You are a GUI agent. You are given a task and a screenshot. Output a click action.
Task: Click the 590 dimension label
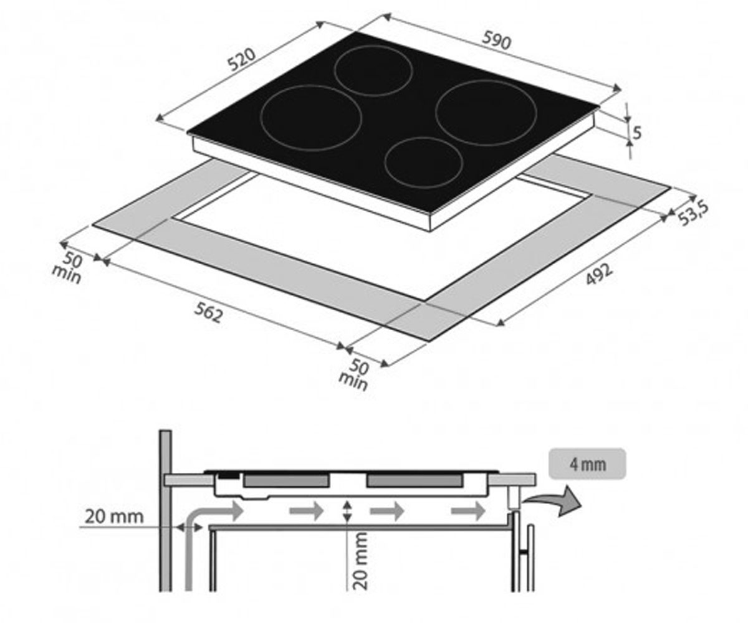[x=496, y=40]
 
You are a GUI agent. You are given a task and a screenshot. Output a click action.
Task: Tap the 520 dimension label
[x=242, y=59]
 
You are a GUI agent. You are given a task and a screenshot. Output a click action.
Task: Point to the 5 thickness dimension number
[x=636, y=133]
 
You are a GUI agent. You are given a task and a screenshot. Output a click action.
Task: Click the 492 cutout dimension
[x=598, y=274]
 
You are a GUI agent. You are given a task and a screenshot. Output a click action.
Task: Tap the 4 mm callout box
[x=588, y=464]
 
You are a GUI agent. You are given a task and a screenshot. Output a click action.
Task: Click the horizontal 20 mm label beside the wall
[x=114, y=516]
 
